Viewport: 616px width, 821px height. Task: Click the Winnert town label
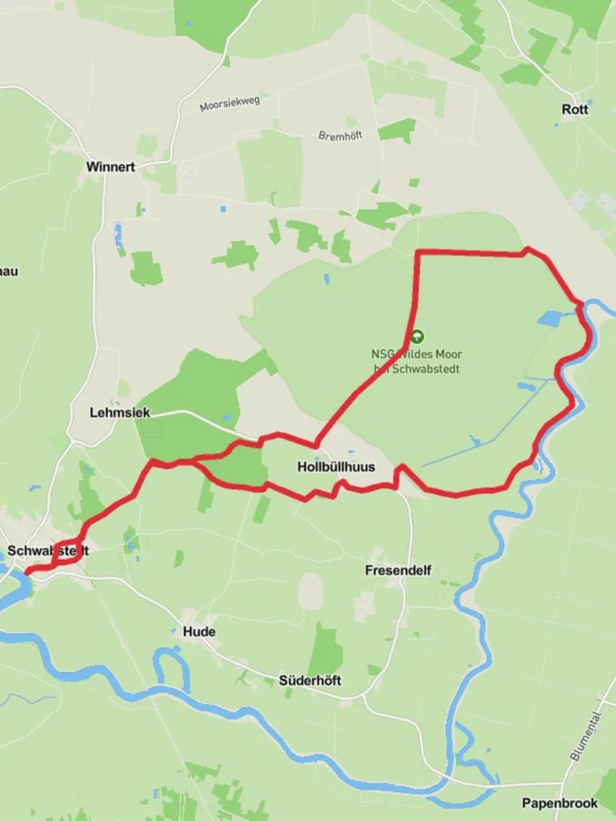tap(110, 166)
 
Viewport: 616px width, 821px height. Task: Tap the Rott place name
tap(575, 109)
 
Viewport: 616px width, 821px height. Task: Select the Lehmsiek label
tap(119, 413)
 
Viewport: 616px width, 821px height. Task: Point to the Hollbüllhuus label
tap(336, 467)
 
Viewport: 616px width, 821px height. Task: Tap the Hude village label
tap(198, 632)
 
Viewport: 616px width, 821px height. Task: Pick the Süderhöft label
tap(310, 680)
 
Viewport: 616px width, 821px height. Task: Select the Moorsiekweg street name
tap(230, 104)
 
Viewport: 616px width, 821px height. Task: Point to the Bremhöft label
tap(340, 135)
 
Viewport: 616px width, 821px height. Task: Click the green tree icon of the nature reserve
tap(416, 335)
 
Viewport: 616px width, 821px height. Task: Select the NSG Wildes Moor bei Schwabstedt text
tap(417, 361)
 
